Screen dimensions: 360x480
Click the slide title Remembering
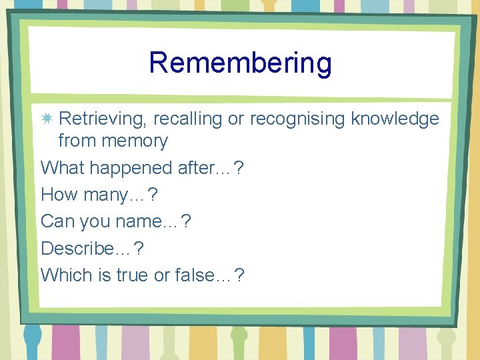[240, 63]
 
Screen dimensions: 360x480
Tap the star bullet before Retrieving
[47, 119]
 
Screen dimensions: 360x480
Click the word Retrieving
[103, 119]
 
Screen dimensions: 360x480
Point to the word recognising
[297, 119]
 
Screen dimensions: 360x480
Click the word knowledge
[395, 119]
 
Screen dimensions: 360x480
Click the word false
[193, 274]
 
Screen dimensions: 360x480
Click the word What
[63, 168]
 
